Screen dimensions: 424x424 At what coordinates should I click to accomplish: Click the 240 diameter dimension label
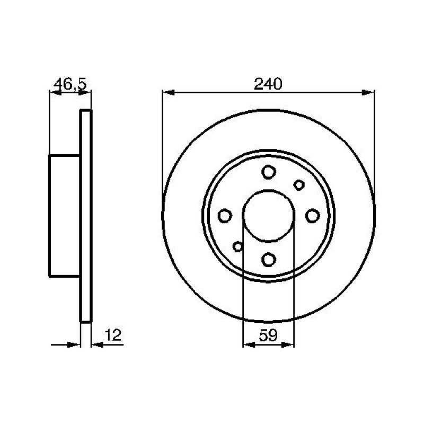pyautogui.click(x=268, y=84)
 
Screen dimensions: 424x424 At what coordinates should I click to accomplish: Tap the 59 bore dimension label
pyautogui.click(x=268, y=335)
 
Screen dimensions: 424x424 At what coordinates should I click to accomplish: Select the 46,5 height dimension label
pyautogui.click(x=70, y=84)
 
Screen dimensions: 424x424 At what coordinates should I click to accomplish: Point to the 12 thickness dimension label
pyautogui.click(x=113, y=335)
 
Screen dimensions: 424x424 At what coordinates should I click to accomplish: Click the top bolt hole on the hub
pyautogui.click(x=269, y=172)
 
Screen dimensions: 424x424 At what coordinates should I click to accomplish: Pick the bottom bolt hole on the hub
pyautogui.click(x=269, y=260)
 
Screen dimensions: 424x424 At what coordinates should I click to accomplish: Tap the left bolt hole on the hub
pyautogui.click(x=225, y=216)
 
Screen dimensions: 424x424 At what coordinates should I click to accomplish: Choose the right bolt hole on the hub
pyautogui.click(x=312, y=216)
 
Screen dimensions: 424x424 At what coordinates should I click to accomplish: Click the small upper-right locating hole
pyautogui.click(x=299, y=185)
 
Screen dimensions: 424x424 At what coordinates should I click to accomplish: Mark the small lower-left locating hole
pyautogui.click(x=238, y=246)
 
